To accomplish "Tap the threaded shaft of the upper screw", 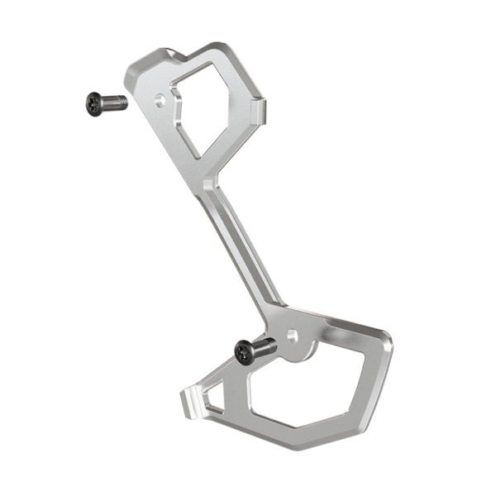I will point(116,102).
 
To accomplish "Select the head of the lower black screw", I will point(244,351).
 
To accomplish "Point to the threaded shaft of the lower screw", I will point(265,346).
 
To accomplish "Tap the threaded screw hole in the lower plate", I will point(292,335).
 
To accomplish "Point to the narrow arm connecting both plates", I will point(240,248).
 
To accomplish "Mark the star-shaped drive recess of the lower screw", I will point(242,352).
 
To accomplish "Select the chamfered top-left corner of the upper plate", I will point(132,70).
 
